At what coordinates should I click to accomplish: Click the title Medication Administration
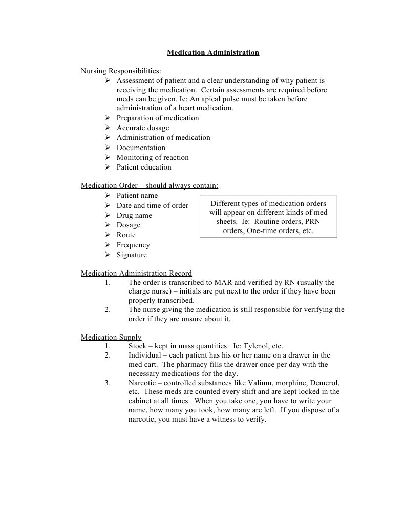212,52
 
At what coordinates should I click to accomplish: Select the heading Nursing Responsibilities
121,71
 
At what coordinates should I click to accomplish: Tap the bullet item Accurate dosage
142,128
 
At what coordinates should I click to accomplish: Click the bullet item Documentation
141,148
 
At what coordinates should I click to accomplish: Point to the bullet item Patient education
144,167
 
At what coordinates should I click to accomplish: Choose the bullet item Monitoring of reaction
153,157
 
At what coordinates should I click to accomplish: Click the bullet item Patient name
137,195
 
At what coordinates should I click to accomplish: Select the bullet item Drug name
134,215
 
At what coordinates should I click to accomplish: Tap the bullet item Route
126,235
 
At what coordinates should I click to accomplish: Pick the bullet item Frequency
133,245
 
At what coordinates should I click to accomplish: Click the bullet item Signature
132,255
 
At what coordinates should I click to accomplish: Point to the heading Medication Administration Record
136,273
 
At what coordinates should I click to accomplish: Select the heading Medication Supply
111,337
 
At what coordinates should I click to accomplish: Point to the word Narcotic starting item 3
143,383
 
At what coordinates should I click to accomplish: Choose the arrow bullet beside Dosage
108,225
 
